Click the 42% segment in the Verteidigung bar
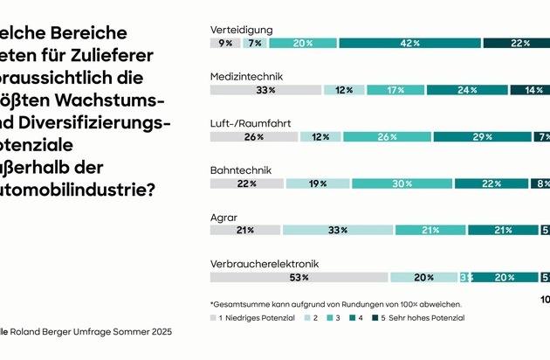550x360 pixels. (x=410, y=43)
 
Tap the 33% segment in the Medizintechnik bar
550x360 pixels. (x=265, y=90)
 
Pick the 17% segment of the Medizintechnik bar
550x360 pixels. (x=396, y=90)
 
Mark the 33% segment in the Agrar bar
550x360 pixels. (x=338, y=230)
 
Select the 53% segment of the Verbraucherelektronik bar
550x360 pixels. (x=299, y=277)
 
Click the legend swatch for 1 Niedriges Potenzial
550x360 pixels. (x=215, y=317)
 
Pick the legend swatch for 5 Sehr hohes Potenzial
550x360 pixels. (x=374, y=317)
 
